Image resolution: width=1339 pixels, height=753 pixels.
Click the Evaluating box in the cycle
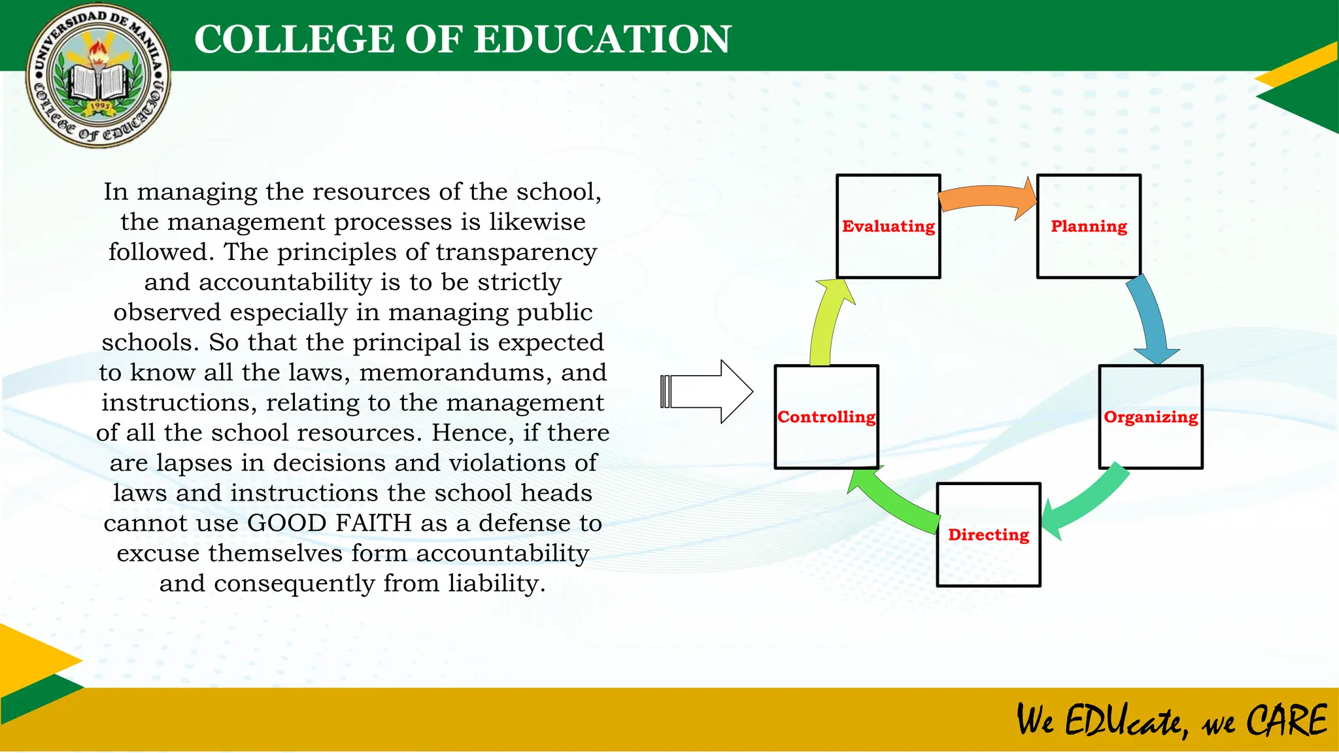coord(888,226)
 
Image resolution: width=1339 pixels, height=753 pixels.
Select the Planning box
coord(1089,226)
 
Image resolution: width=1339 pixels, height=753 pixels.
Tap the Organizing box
coord(1150,417)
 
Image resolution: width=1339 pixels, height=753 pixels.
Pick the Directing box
coord(988,535)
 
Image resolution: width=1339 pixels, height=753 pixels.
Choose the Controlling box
coord(826,417)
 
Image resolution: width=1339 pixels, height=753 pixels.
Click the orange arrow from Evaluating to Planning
coord(987,196)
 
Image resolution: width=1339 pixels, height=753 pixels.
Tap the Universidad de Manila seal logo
coord(99,76)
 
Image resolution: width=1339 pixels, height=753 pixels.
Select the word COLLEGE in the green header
coord(294,39)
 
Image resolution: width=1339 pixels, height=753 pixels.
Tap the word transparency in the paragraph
coord(516,252)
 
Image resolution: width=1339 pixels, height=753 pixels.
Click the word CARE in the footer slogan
coord(1286,721)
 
